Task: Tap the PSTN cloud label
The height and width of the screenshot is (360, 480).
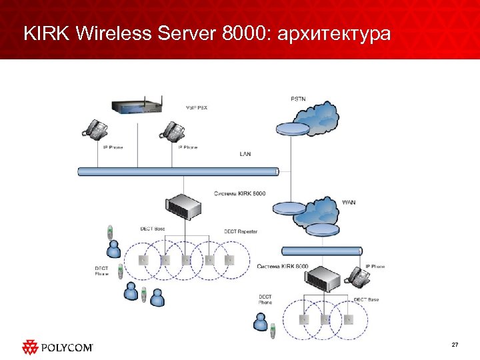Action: tap(298, 99)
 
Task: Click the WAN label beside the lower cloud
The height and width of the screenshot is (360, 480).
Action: tap(349, 202)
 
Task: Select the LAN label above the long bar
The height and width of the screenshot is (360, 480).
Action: tap(245, 154)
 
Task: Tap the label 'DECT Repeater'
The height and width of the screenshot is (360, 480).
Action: tap(241, 231)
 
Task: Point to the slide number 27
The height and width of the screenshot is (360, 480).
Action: tap(455, 345)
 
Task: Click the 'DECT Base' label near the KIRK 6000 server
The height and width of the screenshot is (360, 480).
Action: tap(153, 229)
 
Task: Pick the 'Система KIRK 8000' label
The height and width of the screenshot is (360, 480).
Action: tap(283, 267)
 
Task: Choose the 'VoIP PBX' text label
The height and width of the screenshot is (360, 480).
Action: tap(196, 107)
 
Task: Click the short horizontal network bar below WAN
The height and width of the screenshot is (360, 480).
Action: tap(321, 251)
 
